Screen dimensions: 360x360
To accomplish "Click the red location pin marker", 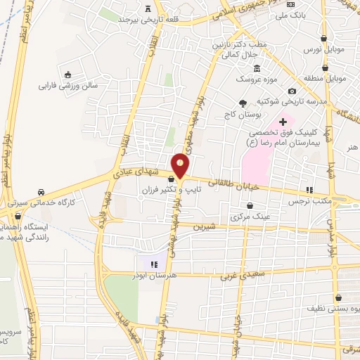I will click(x=181, y=165).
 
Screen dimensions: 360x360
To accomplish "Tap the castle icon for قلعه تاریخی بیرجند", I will click(x=148, y=9).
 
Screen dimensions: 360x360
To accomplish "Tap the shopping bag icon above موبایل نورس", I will click(x=323, y=39).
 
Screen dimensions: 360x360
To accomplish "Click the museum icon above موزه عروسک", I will click(x=257, y=68).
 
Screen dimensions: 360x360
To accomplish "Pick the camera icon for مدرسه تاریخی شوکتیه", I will click(x=292, y=91).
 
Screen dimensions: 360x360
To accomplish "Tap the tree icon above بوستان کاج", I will click(x=244, y=103).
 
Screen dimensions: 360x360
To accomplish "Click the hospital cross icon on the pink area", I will click(x=283, y=122).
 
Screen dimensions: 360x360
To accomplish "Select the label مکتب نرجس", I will click(x=307, y=200).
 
